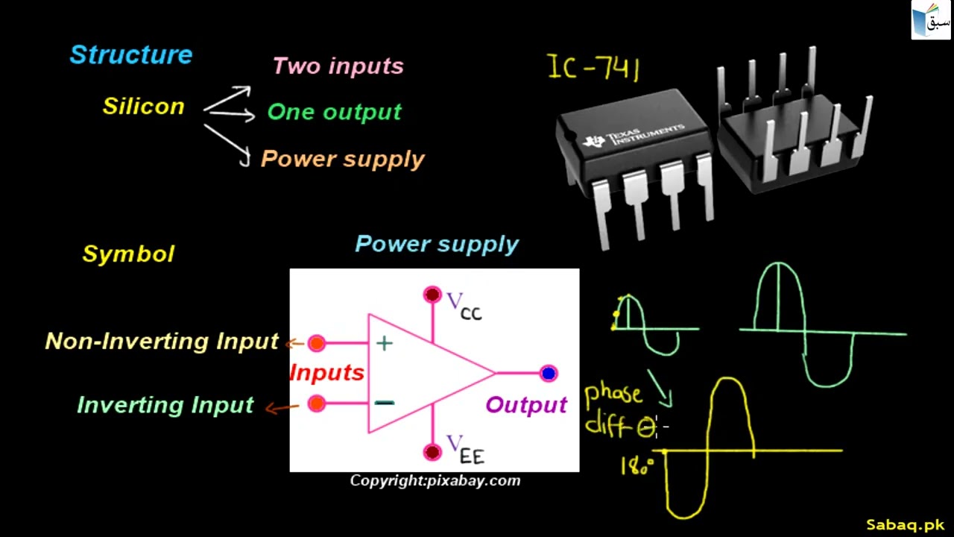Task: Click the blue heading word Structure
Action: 131,55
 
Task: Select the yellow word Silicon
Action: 143,107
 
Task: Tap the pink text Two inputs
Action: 338,66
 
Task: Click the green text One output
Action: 334,113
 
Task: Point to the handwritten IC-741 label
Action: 593,67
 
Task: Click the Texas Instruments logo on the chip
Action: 594,141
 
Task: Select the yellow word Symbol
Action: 128,254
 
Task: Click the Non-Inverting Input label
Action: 162,342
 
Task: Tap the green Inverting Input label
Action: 165,405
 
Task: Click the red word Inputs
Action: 326,373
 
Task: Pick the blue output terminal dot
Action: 549,373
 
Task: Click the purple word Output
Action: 526,405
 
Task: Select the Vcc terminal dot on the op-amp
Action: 432,295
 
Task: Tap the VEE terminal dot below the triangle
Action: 432,452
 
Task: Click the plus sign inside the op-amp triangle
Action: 385,344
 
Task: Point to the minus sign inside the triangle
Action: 385,403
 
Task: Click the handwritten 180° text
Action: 636,467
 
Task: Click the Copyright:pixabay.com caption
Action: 435,481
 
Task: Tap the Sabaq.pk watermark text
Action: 905,525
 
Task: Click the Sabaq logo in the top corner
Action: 931,20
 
